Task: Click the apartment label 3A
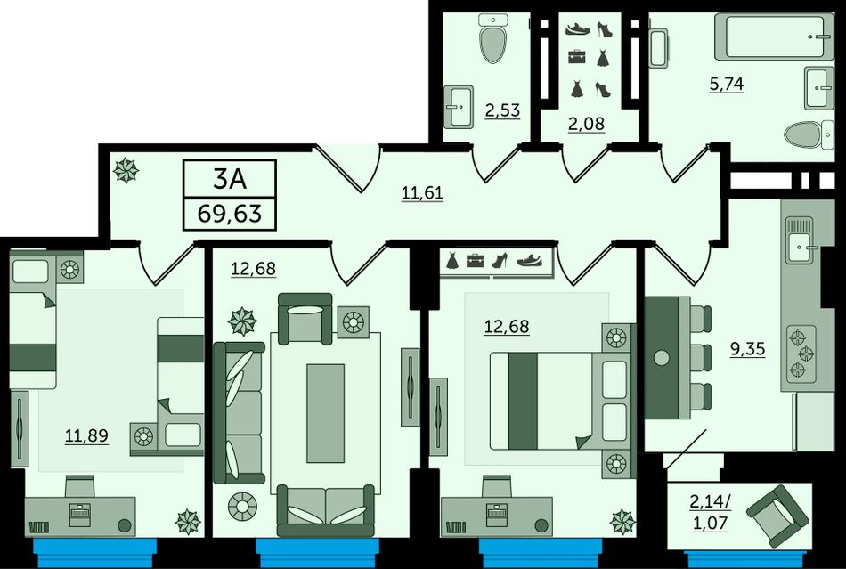(230, 179)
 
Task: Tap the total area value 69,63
(230, 214)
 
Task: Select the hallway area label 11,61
(422, 192)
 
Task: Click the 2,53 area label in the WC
(502, 110)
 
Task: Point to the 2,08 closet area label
(587, 124)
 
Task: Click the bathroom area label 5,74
(727, 84)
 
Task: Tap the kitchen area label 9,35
(748, 349)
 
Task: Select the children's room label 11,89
(86, 435)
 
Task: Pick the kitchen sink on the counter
(799, 240)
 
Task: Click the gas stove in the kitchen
(801, 354)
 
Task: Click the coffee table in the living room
(325, 413)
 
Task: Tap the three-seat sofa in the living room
(239, 412)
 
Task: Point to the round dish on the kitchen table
(661, 358)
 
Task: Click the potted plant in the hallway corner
(126, 170)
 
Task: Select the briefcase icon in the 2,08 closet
(577, 56)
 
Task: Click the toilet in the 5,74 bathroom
(809, 134)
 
